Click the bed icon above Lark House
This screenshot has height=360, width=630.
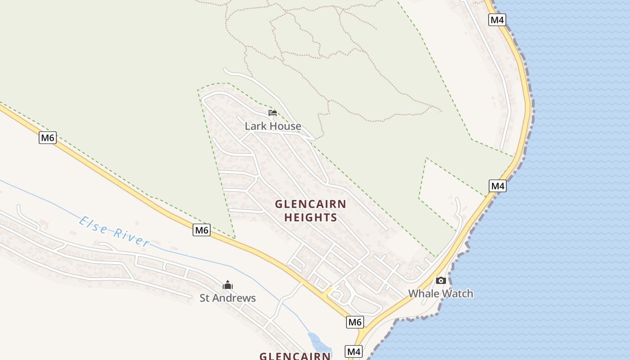click(273, 112)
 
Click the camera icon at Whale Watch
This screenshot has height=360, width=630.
click(441, 280)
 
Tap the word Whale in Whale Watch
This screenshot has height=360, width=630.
click(423, 294)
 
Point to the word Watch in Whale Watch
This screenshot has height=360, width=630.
click(457, 294)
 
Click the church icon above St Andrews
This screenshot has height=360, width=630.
click(228, 285)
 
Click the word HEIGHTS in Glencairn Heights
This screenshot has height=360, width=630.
click(310, 218)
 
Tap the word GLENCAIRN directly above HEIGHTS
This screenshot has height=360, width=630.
click(310, 204)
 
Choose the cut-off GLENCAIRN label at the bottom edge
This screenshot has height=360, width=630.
click(295, 356)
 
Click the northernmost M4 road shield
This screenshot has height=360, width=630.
click(497, 20)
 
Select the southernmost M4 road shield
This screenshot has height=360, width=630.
click(354, 351)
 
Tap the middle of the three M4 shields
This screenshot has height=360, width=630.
click(498, 186)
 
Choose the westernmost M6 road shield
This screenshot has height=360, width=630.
click(47, 138)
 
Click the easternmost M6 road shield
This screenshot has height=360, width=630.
click(355, 322)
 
